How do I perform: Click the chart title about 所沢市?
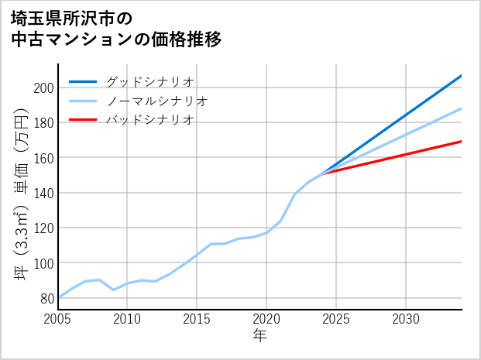[x=116, y=28]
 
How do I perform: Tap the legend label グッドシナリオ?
[x=149, y=81]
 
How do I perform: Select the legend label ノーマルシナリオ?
[x=156, y=101]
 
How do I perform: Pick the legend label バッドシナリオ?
[x=149, y=120]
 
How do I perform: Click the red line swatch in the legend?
[x=84, y=120]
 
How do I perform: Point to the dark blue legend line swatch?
[x=84, y=81]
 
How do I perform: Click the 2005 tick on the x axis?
[x=58, y=319]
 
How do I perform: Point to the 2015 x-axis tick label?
[x=198, y=319]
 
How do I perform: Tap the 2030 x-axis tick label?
[x=406, y=319]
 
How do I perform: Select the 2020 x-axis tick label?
[x=266, y=319]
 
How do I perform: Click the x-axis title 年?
[x=259, y=335]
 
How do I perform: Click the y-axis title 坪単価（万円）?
[x=22, y=194]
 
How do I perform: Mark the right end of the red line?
[x=462, y=141]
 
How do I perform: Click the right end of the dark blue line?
[x=462, y=75]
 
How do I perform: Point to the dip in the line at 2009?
[x=114, y=290]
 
